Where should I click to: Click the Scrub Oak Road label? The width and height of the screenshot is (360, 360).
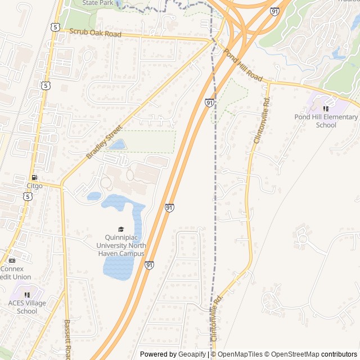[x=95, y=34]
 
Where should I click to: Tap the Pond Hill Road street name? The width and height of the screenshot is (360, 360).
[x=243, y=65]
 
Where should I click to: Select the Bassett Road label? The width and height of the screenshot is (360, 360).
[x=67, y=339]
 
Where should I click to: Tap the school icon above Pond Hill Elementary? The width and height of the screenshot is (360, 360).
[x=326, y=108]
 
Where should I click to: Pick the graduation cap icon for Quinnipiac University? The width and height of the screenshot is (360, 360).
[x=120, y=229]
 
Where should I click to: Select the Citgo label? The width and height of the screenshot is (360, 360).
[x=34, y=185]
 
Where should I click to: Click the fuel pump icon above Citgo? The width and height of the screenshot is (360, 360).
[x=34, y=177]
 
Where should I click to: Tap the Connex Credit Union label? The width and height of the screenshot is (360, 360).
[x=15, y=273]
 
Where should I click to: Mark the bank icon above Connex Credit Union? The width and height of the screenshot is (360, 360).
[x=12, y=260]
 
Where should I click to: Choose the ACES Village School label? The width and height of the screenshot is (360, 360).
[x=27, y=307]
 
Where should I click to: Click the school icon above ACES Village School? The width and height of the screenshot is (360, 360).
[x=26, y=294]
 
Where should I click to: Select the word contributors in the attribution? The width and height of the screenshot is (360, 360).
[x=340, y=354]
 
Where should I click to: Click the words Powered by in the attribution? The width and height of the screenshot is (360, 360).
[x=157, y=354]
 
